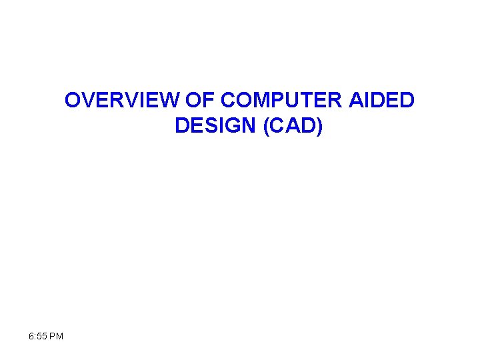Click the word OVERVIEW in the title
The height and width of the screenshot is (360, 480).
[x=121, y=100]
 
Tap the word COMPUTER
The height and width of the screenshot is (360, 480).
[x=282, y=100]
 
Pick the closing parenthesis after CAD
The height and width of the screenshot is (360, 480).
[x=319, y=126]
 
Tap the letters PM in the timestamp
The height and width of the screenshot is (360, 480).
[x=57, y=336]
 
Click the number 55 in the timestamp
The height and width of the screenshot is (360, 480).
[x=42, y=336]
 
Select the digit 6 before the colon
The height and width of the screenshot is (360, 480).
[x=32, y=336]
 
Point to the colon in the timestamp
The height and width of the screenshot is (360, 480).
[x=36, y=336]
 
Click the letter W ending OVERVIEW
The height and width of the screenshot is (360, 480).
[x=170, y=100]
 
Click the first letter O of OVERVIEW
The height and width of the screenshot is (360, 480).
[x=72, y=100]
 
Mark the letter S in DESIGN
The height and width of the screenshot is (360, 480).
[x=211, y=125]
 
